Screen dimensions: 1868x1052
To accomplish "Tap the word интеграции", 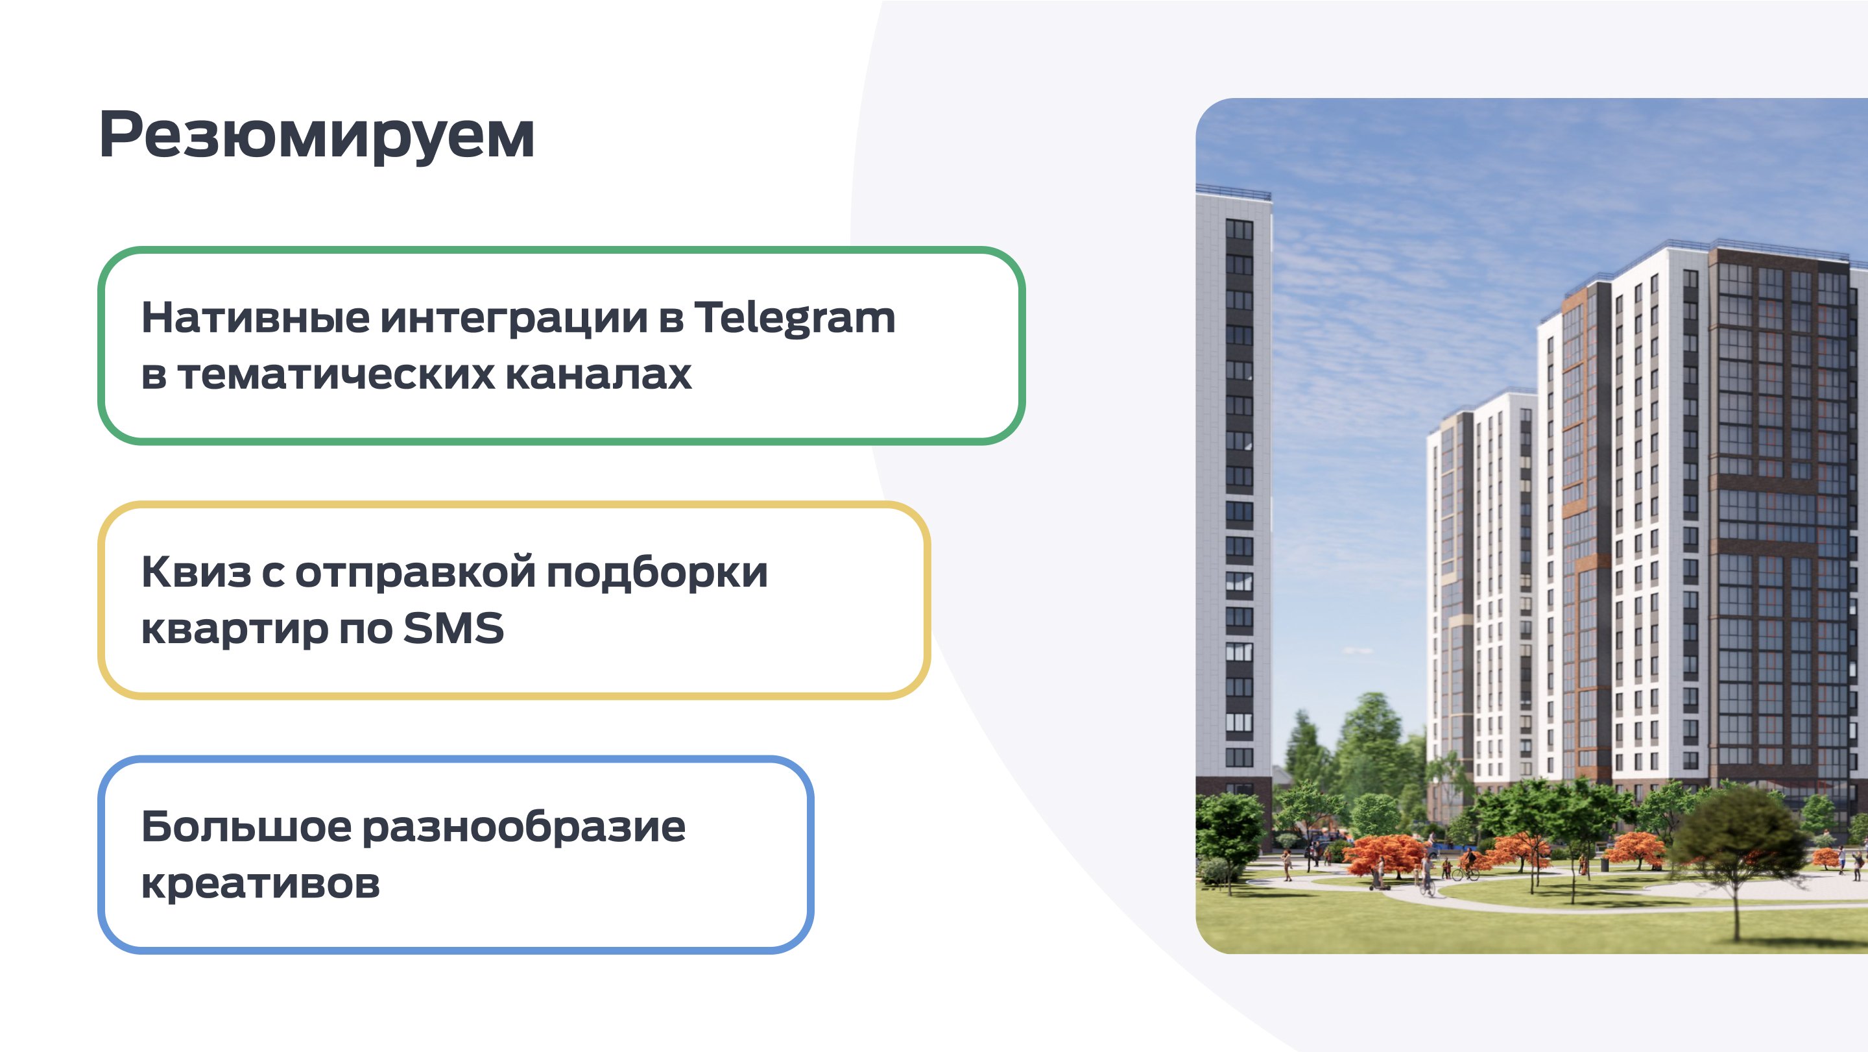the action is pyautogui.click(x=514, y=319).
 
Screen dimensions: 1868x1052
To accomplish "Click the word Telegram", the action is pyautogui.click(x=795, y=319).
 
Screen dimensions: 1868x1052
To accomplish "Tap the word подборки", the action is pyautogui.click(x=657, y=573).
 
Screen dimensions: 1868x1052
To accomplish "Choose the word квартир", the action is pyautogui.click(x=234, y=630).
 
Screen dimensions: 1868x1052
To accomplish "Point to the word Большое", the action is pyautogui.click(x=246, y=826).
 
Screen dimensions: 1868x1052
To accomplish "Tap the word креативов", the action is pyautogui.click(x=260, y=884).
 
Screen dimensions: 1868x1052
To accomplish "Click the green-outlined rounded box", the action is pyautogui.click(x=561, y=250).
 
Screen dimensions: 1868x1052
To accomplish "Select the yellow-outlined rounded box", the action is pyautogui.click(x=514, y=504).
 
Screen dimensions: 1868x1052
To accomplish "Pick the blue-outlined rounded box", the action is pyautogui.click(x=455, y=759).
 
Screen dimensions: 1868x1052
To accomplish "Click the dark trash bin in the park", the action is pyautogui.click(x=1604, y=864).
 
